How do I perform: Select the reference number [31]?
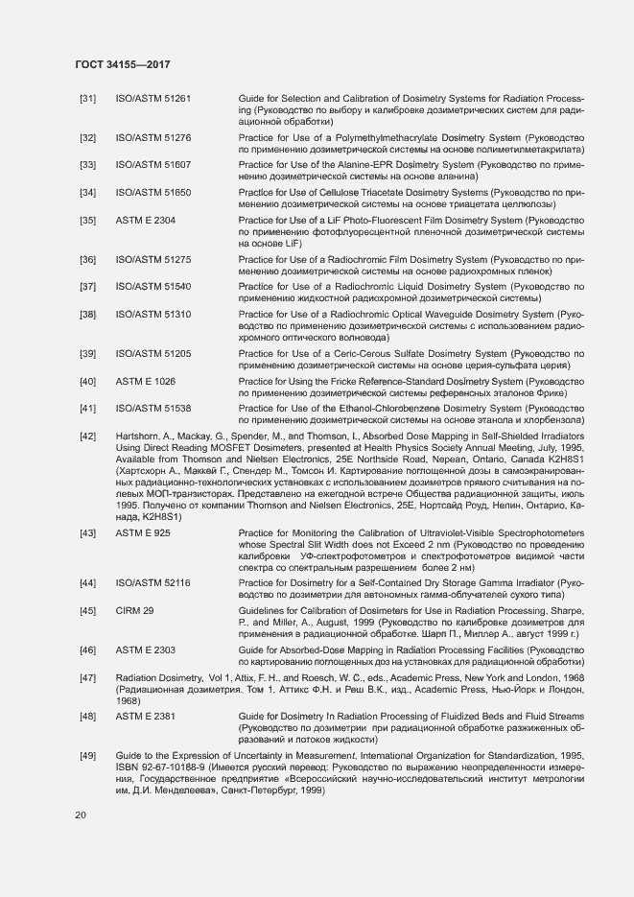click(x=87, y=99)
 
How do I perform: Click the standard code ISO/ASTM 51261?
click(x=153, y=99)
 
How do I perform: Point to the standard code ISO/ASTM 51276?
click(x=153, y=138)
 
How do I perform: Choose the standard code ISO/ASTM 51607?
click(x=153, y=165)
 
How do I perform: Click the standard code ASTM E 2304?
click(x=145, y=220)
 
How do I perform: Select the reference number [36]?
click(x=87, y=259)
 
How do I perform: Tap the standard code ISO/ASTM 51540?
click(x=153, y=286)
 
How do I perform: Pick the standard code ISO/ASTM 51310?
click(x=153, y=314)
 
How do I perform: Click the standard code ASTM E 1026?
click(x=145, y=381)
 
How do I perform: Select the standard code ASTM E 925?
click(x=143, y=531)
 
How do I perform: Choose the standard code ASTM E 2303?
click(x=145, y=649)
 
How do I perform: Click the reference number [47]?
click(x=87, y=677)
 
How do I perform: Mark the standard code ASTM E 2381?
click(x=145, y=716)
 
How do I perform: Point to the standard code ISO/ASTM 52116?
click(x=153, y=582)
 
